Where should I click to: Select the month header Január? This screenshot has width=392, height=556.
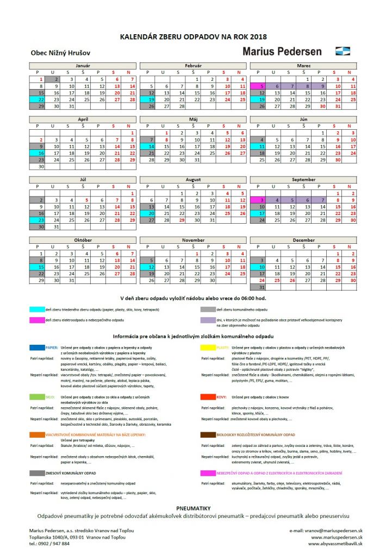[x=83, y=66]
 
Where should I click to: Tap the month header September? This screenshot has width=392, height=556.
[x=303, y=180]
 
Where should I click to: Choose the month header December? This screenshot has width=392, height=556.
[x=303, y=239]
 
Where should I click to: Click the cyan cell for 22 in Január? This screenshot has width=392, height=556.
[x=37, y=100]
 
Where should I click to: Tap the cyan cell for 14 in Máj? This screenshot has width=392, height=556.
[x=148, y=147]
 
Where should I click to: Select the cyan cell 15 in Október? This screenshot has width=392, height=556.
[x=37, y=267]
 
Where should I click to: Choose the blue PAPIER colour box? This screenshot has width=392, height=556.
[x=38, y=346]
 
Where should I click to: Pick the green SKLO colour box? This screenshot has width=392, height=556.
[x=38, y=397]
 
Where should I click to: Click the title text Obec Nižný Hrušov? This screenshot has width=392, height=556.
[x=61, y=53]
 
